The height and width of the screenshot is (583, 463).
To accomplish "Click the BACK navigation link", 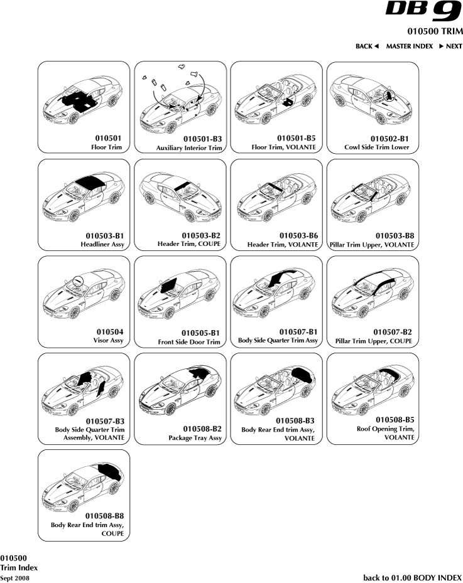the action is (x=367, y=46).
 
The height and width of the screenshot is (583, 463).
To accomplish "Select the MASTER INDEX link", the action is (x=410, y=46).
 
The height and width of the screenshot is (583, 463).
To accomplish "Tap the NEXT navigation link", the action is (x=450, y=46).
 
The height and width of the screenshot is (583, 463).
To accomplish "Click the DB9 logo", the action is (x=423, y=11).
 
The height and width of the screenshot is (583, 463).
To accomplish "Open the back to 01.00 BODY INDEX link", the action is (x=412, y=577).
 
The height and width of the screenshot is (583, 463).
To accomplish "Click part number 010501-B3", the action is (x=202, y=139).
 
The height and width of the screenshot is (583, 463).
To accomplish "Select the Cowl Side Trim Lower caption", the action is (x=377, y=147).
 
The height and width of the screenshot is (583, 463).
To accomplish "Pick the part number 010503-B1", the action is (x=105, y=236).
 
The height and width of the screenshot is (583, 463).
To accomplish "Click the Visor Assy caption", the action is (x=108, y=340).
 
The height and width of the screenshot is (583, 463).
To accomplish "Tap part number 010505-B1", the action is (x=201, y=333).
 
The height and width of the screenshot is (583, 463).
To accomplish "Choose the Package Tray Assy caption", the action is (x=195, y=438).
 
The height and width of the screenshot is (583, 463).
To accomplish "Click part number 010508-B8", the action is (x=104, y=516).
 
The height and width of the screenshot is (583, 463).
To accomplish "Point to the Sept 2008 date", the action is (x=14, y=578).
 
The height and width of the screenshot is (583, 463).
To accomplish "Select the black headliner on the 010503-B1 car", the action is (x=90, y=183).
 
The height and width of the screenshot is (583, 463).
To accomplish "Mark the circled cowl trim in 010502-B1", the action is (x=389, y=95).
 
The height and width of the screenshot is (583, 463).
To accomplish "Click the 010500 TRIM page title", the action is (x=435, y=31).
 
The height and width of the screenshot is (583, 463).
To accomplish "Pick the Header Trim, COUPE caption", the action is (x=189, y=244).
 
